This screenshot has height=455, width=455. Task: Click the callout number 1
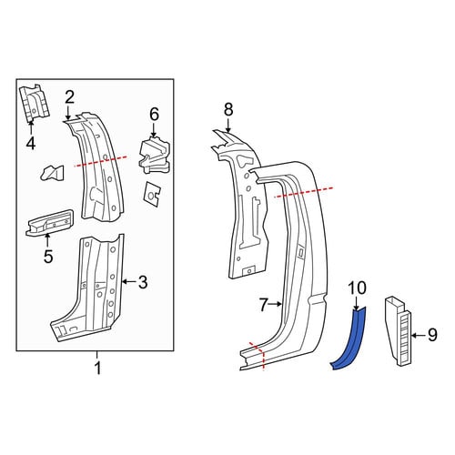tap(97, 369)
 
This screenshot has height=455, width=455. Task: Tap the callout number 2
tap(69, 97)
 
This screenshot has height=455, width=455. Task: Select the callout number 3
tap(143, 282)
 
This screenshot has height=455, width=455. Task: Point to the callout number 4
tap(31, 143)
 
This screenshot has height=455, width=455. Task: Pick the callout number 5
tap(48, 257)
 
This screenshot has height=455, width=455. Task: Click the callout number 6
tap(154, 115)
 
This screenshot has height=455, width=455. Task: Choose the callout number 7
tap(264, 305)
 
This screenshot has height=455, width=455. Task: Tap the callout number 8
tap(228, 109)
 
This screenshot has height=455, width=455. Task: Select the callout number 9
tap(432, 335)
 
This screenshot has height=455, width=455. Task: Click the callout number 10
tap(357, 288)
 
